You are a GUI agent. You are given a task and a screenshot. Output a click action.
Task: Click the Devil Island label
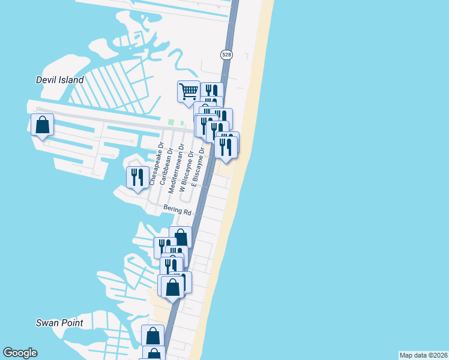click(x=59, y=80)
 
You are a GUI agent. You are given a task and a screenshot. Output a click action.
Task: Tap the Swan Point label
click(x=59, y=323)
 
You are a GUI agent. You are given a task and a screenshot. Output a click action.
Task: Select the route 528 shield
click(x=226, y=55)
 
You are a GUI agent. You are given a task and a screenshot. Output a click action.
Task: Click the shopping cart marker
click(x=188, y=91)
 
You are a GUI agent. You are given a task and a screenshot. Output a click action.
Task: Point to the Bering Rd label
click(x=177, y=211)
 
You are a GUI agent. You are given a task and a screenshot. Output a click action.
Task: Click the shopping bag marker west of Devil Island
click(x=42, y=125)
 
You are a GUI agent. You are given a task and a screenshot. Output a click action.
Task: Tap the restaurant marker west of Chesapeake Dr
click(x=137, y=178)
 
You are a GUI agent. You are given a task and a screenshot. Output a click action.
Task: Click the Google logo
click(x=20, y=353)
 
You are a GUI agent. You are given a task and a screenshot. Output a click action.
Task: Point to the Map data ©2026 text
click(x=423, y=355)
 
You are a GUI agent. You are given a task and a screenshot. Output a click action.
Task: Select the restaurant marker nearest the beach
click(x=226, y=148)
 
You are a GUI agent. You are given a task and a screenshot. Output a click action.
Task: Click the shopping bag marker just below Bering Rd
click(x=180, y=238)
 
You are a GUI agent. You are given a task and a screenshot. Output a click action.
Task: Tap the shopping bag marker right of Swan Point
click(x=152, y=336)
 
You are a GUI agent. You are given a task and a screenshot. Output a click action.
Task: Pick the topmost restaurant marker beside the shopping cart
click(x=211, y=92)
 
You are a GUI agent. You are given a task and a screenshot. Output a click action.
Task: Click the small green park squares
click(x=176, y=122)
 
